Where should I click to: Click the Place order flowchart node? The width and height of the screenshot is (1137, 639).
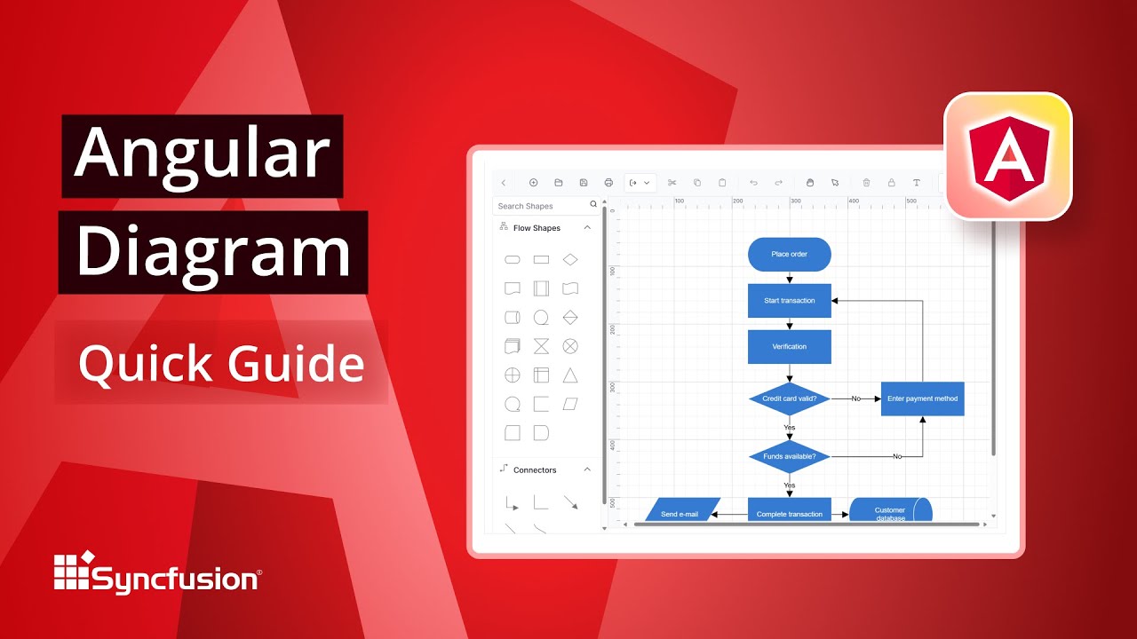tap(789, 255)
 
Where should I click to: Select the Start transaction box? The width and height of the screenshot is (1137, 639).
tap(789, 301)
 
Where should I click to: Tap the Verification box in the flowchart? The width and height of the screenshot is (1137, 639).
tap(789, 347)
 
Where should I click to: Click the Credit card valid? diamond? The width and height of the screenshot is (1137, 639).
tap(789, 398)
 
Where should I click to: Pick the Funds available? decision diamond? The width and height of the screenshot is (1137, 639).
tap(789, 456)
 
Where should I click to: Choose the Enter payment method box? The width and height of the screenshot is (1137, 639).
tap(922, 398)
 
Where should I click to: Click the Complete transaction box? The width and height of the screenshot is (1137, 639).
tap(789, 513)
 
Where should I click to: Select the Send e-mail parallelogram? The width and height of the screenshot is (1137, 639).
tap(680, 513)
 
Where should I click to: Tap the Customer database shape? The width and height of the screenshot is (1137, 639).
tap(890, 512)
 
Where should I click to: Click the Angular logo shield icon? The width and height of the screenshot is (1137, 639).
tap(1007, 156)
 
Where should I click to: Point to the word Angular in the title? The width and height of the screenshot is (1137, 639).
tap(202, 153)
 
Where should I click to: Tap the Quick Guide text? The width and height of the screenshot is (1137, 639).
tap(221, 364)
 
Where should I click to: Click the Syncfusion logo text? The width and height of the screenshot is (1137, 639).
tap(175, 580)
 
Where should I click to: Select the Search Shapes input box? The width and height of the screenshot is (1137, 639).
tap(542, 206)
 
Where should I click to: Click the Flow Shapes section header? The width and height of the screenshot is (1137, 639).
tap(537, 228)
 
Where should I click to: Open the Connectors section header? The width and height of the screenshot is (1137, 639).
tap(535, 469)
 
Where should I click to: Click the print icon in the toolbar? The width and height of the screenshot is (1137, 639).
tap(608, 183)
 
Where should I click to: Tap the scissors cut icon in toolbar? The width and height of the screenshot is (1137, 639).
tap(672, 183)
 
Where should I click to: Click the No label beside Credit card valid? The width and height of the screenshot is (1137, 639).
tap(855, 398)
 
